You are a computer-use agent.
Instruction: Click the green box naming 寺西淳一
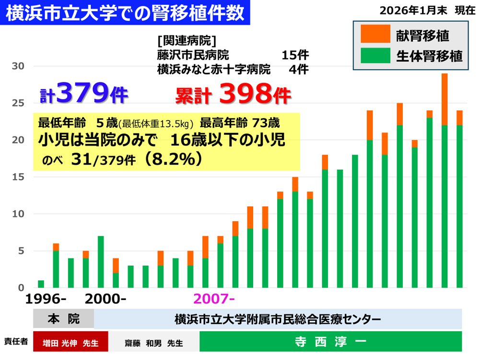click(x=330, y=342)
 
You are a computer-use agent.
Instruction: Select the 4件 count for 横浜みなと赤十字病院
click(x=298, y=69)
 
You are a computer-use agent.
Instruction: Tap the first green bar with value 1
click(x=41, y=284)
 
